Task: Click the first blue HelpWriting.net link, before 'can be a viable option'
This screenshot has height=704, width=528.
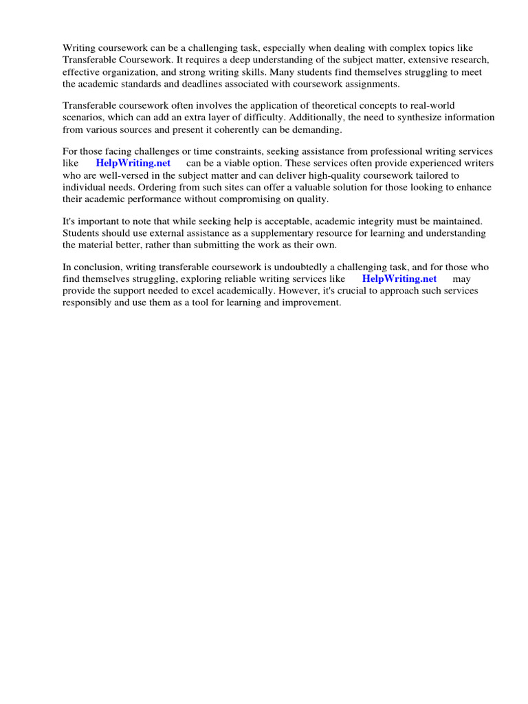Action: click(133, 163)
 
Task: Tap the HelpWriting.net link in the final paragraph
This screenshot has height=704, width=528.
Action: click(399, 278)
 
